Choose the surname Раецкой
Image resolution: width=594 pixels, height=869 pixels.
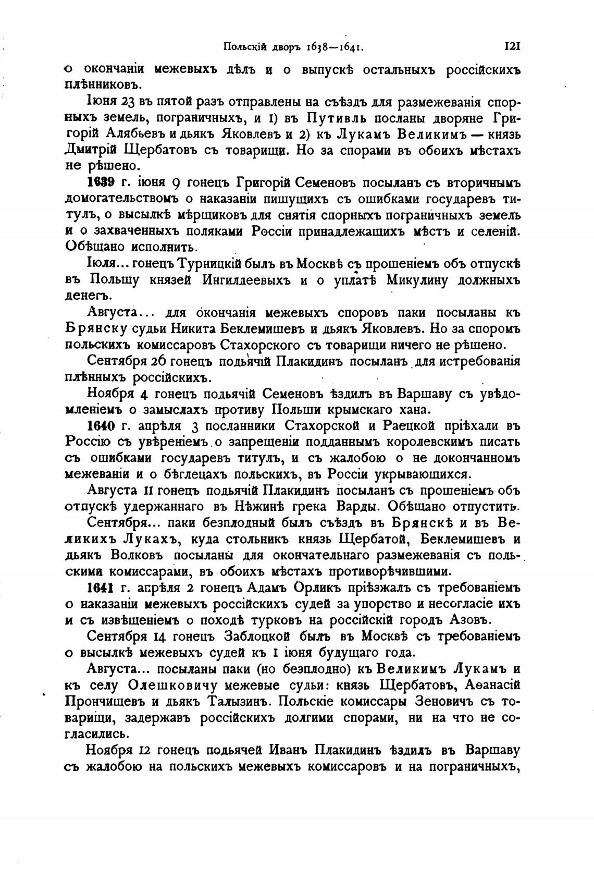tap(409, 426)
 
